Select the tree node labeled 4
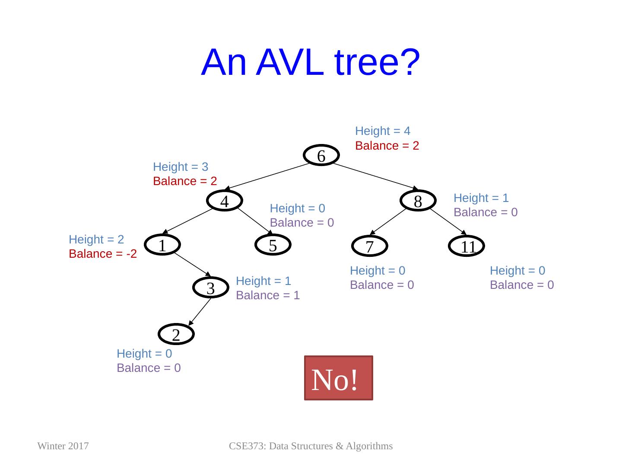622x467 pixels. coord(224,201)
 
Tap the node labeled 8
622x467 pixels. coord(418,201)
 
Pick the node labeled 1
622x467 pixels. coord(162,245)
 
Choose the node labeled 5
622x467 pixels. coord(273,245)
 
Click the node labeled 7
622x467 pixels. coord(369,246)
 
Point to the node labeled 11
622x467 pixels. coord(466,246)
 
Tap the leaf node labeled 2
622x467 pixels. coord(176,334)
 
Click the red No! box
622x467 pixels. coord(338,378)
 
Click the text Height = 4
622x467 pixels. coord(382,131)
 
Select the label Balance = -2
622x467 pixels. coord(103,254)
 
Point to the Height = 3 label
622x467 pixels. coord(181,166)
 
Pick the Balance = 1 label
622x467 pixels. coord(268,295)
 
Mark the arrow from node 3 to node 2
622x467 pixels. coord(199,312)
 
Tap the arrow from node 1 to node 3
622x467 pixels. coord(193,266)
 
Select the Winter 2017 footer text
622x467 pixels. coord(63,446)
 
